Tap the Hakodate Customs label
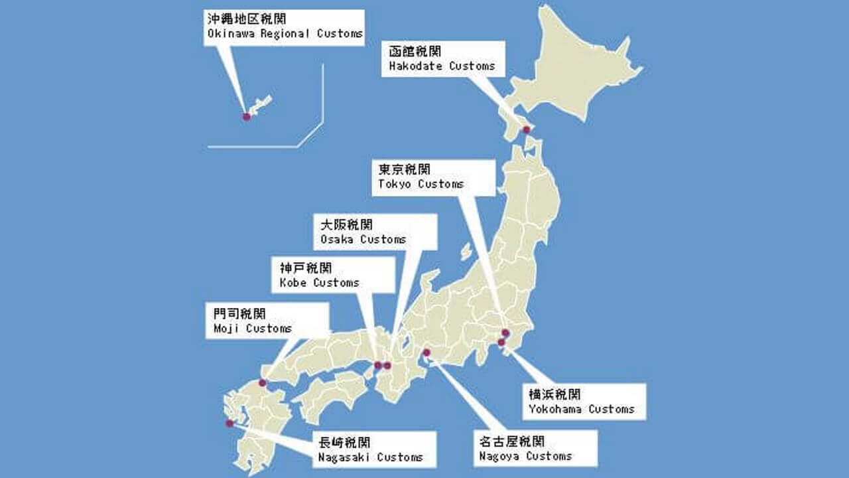(x=442, y=59)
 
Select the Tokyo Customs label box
(x=433, y=177)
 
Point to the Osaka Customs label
(x=375, y=232)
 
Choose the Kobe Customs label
(x=334, y=276)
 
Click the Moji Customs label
(x=267, y=321)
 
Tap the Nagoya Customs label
(x=537, y=449)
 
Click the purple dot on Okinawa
(x=247, y=116)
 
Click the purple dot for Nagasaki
(x=229, y=423)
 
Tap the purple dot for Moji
(x=263, y=382)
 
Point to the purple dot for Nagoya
(x=426, y=353)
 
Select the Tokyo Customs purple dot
(x=505, y=333)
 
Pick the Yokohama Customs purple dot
(x=501, y=342)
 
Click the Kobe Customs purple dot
(x=377, y=365)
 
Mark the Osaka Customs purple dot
(x=387, y=365)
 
